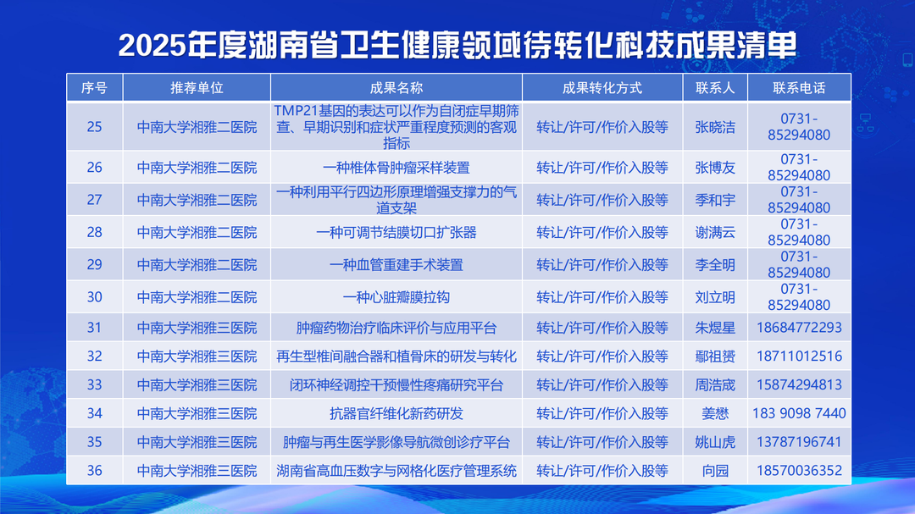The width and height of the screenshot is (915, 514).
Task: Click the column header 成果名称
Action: click(396, 88)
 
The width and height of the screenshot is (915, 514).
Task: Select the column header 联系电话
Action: click(799, 88)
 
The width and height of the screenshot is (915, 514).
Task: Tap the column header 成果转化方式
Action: click(602, 88)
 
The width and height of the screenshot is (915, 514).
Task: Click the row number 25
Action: click(95, 127)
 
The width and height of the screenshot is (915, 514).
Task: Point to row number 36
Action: click(95, 470)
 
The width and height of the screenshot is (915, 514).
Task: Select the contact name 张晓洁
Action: click(715, 127)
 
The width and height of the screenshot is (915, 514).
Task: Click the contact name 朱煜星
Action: click(715, 328)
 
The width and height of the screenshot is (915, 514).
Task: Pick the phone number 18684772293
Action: click(799, 328)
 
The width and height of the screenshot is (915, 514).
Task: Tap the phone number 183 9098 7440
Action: click(799, 413)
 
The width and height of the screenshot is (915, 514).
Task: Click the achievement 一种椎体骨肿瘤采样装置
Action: click(396, 168)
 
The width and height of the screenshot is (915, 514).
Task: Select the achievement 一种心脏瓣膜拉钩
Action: click(396, 297)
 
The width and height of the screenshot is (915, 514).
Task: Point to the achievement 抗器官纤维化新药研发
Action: click(396, 413)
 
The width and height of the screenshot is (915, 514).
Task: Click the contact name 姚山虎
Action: click(715, 442)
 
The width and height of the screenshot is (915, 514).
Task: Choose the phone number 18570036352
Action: click(799, 470)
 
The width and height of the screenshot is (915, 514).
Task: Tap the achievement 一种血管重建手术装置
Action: click(396, 265)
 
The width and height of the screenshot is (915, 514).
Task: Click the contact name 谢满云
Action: click(715, 233)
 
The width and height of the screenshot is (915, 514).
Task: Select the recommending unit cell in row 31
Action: click(197, 328)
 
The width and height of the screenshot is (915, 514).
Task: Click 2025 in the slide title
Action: click(152, 46)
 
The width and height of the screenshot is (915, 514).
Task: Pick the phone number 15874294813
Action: click(799, 384)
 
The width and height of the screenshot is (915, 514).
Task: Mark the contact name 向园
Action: click(715, 471)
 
